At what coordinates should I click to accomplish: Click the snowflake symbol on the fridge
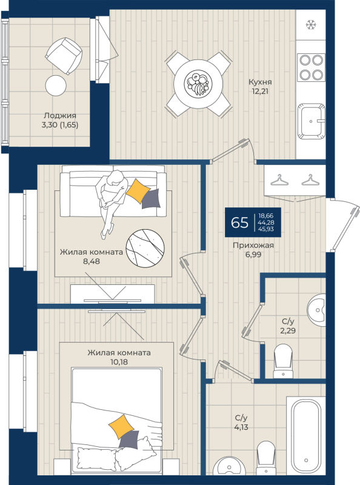(311, 25)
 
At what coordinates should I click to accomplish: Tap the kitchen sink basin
(312, 121)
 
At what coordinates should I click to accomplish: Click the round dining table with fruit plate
(198, 84)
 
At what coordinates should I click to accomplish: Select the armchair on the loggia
(64, 56)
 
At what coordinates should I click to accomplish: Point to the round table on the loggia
(56, 85)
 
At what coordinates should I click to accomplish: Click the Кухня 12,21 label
(260, 87)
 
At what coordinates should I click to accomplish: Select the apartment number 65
(239, 222)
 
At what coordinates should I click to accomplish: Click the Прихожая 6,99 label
(253, 250)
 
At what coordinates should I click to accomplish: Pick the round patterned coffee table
(145, 249)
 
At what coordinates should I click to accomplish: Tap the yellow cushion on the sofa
(138, 191)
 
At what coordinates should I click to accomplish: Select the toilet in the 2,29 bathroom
(283, 361)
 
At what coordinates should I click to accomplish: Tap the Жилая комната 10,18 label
(119, 357)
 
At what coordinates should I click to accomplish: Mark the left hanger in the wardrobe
(279, 180)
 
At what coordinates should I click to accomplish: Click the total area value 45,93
(265, 229)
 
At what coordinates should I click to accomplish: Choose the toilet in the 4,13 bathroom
(266, 458)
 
